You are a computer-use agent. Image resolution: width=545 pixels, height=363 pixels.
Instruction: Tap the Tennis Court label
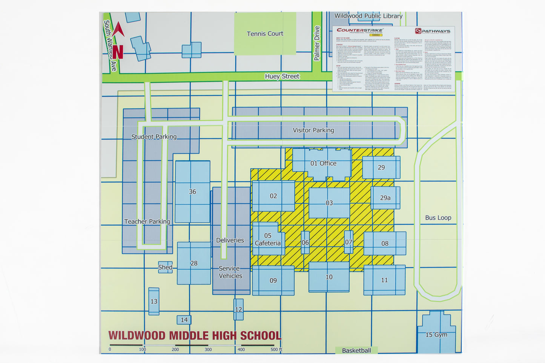265,34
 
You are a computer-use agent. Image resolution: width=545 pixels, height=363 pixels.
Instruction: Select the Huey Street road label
282,77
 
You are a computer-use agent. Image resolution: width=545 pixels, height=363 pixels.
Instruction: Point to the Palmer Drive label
317,43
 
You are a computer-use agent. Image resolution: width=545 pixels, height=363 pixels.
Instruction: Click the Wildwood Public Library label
368,16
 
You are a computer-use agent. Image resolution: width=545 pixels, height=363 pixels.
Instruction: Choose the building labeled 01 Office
323,163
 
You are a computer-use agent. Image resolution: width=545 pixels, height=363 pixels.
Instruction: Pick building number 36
192,191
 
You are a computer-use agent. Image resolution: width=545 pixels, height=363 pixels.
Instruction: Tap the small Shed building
165,267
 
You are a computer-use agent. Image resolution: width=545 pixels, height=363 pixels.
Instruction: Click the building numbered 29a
385,198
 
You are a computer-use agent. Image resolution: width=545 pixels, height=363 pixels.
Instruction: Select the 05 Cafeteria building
268,239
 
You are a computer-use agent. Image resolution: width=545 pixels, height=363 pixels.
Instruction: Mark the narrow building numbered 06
305,242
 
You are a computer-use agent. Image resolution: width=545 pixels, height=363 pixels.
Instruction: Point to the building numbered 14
184,320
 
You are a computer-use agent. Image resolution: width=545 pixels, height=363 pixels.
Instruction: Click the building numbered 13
154,301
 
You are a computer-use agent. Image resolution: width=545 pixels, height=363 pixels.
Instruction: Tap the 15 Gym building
436,334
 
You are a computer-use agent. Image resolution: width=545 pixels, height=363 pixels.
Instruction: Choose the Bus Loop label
438,217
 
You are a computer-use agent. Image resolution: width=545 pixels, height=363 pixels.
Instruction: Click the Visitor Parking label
313,130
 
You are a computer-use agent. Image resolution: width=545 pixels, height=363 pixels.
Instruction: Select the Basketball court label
356,351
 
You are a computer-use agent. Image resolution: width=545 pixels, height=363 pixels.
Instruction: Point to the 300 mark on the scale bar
208,349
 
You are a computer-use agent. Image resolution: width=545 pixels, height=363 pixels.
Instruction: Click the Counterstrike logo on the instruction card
360,30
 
